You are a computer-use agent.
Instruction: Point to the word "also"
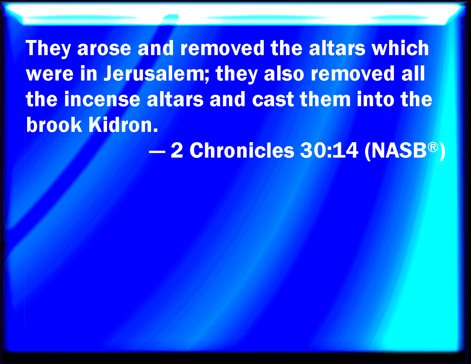click(284, 73)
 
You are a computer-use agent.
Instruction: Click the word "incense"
click(102, 99)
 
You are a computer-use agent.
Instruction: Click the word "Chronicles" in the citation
click(242, 150)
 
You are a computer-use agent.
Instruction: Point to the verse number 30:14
click(329, 150)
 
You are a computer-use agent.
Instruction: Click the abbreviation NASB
click(399, 150)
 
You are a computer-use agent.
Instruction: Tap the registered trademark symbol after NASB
click(433, 147)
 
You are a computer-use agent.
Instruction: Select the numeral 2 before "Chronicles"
click(177, 150)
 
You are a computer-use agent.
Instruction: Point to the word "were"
click(50, 75)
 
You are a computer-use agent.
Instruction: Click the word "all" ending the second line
click(413, 73)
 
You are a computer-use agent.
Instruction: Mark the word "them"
click(325, 99)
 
